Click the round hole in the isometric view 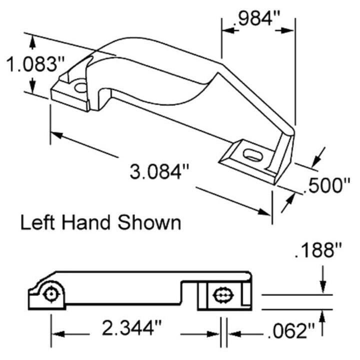coord(80,88)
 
